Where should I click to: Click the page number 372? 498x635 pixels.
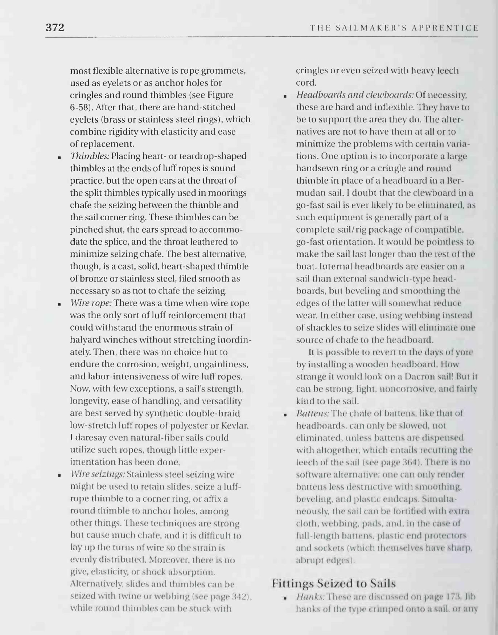pos(55,28)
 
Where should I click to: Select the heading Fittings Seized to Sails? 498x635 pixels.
pos(334,583)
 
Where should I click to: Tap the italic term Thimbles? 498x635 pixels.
pos(90,156)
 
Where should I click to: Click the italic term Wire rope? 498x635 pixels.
pos(91,303)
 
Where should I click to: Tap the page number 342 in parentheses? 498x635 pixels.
pos(242,596)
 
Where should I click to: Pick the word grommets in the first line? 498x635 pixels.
pos(224,70)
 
